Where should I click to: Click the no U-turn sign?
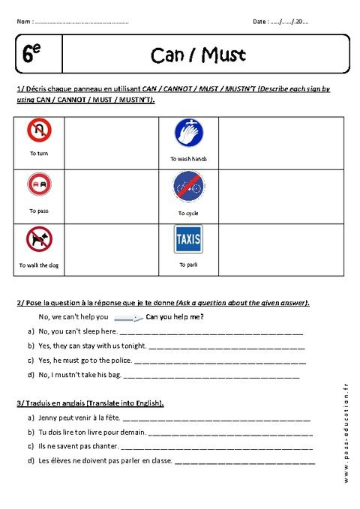[x=39, y=133]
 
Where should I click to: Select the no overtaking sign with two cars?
[x=39, y=186]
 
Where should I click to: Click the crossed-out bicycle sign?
[x=188, y=187]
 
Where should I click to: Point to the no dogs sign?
[x=39, y=241]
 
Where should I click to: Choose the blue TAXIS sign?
[x=188, y=240]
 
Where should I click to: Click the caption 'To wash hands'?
[x=188, y=159]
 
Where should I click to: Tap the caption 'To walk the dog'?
[x=39, y=265]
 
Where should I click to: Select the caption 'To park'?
[x=188, y=265]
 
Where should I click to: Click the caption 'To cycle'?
[x=188, y=214]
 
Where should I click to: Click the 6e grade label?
[x=31, y=54]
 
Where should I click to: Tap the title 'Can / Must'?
[x=198, y=55]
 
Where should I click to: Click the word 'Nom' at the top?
[x=23, y=22]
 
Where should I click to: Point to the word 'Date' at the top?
[x=261, y=22]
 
